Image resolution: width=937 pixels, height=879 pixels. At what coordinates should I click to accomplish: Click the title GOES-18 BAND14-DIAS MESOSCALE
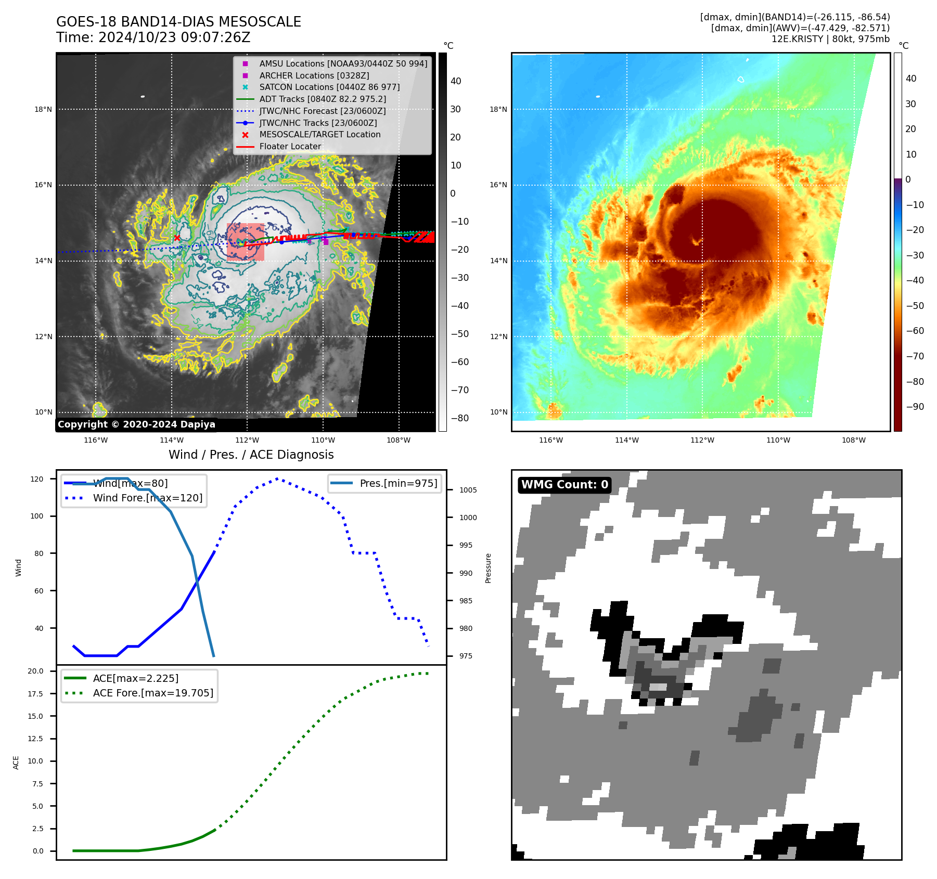tap(178, 22)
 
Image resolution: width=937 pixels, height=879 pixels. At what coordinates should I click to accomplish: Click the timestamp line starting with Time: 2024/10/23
tap(153, 37)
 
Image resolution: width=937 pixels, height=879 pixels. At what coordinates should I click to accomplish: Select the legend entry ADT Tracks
tap(322, 99)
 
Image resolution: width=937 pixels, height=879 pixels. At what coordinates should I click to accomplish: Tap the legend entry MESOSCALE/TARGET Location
tap(319, 134)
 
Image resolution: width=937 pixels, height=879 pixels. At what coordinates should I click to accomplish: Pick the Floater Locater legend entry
tap(290, 146)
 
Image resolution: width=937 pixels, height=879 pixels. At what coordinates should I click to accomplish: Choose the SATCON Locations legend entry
tap(329, 87)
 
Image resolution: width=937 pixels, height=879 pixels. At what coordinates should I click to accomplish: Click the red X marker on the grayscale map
tap(177, 238)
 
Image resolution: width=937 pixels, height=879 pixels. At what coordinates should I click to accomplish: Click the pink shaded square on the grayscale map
tap(246, 242)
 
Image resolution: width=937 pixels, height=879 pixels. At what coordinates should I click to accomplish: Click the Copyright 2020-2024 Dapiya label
tap(136, 424)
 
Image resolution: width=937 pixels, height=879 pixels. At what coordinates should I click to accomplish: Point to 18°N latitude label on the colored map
tap(498, 109)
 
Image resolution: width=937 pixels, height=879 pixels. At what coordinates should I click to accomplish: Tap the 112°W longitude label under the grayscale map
tap(247, 440)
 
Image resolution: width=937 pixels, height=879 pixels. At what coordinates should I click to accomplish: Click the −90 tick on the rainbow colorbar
tap(915, 407)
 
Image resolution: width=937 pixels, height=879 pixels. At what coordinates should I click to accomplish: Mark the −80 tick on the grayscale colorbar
tap(459, 418)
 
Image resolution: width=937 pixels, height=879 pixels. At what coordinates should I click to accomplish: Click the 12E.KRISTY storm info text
tap(830, 39)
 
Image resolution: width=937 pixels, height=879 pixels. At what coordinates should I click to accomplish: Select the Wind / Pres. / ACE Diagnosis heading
tap(251, 455)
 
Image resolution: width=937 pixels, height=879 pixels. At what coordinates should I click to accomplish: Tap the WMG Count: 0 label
tap(564, 485)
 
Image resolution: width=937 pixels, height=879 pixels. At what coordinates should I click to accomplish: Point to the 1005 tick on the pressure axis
tap(468, 490)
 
